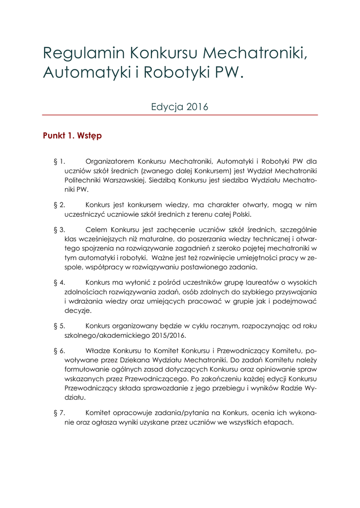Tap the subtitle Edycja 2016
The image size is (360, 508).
point(180,107)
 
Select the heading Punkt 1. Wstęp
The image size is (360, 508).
point(72,135)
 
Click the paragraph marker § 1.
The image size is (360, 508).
point(59,161)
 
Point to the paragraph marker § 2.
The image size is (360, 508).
point(59,204)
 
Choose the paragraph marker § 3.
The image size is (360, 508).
point(59,230)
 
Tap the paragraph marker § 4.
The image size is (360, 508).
point(59,282)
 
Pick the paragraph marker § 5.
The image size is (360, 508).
point(59,326)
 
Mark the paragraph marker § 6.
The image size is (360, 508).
point(59,351)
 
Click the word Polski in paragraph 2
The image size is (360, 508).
point(240,214)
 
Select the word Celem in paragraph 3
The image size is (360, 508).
point(96,230)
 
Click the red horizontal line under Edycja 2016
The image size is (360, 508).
point(180,115)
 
